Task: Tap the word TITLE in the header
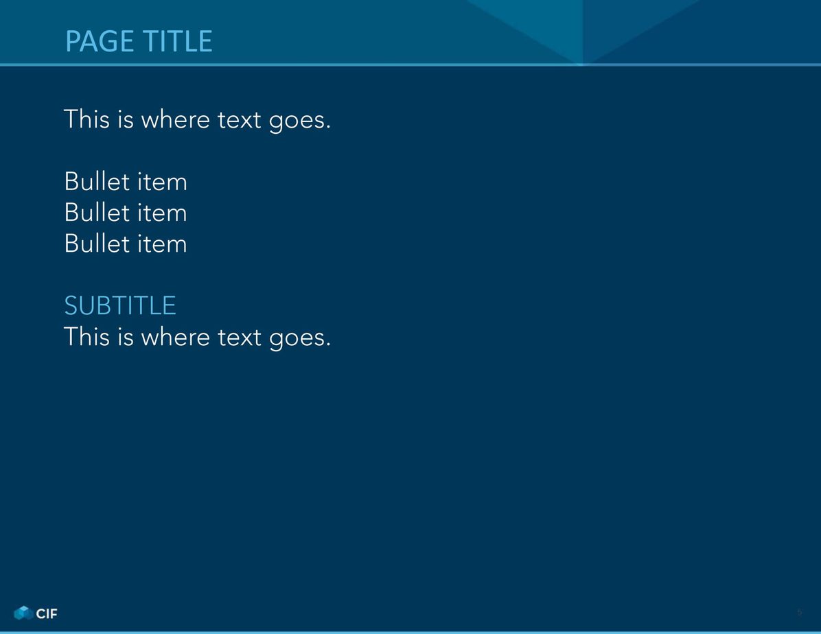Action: tap(178, 41)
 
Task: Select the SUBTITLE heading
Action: tap(120, 306)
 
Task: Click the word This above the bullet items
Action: tap(87, 119)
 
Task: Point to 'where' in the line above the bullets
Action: tap(176, 119)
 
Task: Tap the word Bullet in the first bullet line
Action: tap(97, 182)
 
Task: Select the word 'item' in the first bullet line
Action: tap(162, 182)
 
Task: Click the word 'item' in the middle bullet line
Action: tap(162, 213)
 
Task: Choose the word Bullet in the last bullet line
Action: tap(97, 244)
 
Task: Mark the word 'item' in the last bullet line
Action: tap(162, 244)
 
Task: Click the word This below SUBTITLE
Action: tap(87, 336)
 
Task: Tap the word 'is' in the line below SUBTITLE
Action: tap(126, 336)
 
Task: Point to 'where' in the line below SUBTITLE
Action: tap(176, 336)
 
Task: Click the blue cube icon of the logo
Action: tap(23, 613)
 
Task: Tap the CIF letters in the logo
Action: tap(47, 613)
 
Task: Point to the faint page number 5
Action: tap(800, 613)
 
